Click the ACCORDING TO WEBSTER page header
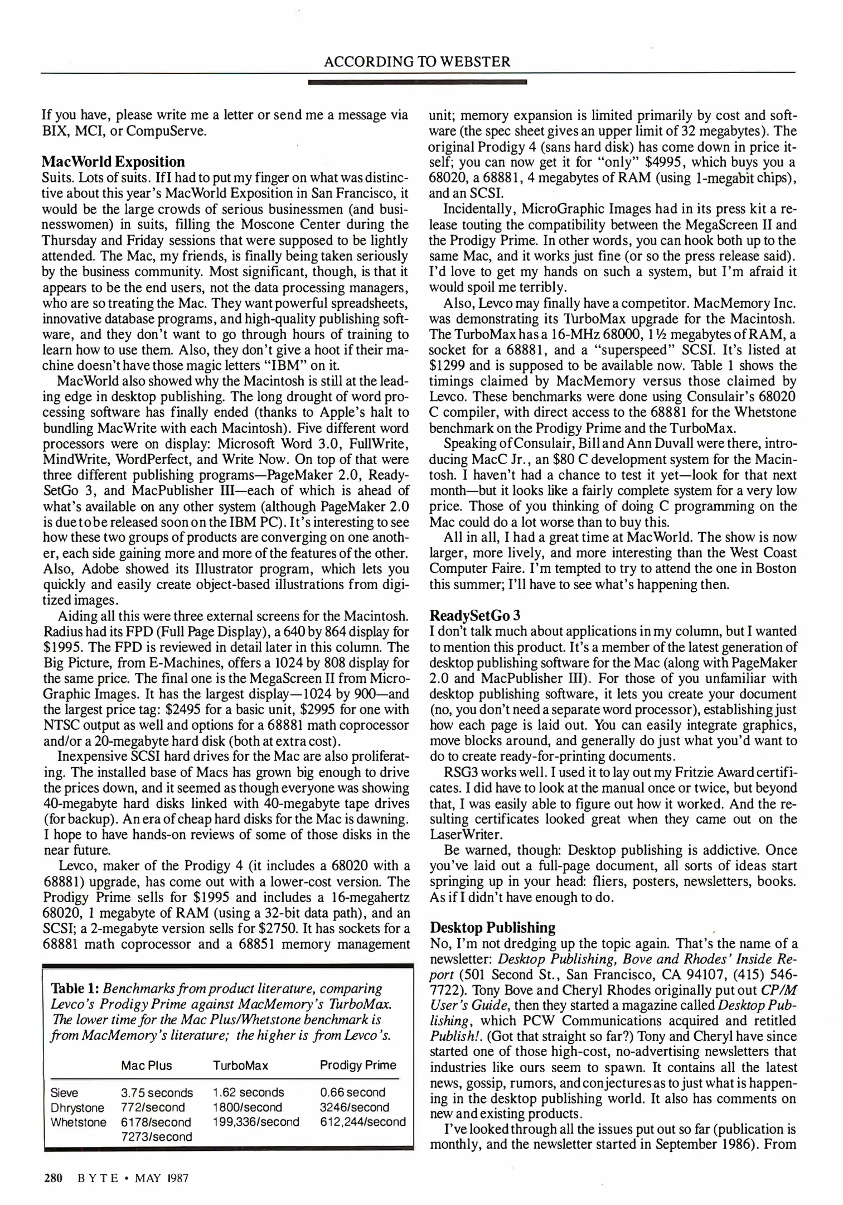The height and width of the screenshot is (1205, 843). pos(417,61)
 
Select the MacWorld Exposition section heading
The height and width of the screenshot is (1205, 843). pos(113,162)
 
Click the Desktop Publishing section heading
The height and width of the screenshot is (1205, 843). pos(493,928)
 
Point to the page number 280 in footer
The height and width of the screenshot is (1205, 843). pos(52,1178)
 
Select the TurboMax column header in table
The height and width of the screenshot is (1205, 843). pos(240,1065)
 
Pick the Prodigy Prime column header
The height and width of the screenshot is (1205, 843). pos(358,1064)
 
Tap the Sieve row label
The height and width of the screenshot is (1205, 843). pos(64,1093)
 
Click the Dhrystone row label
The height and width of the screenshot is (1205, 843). pos(77,1107)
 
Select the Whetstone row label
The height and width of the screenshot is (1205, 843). pos(78,1122)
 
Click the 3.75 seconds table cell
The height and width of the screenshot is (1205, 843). pos(157,1093)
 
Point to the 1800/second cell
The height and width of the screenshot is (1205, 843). pos(247,1107)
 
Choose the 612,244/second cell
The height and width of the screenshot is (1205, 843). pos(362,1122)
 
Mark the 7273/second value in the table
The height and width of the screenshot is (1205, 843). pos(156,1136)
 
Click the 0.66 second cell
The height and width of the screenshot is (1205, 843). pos(352,1092)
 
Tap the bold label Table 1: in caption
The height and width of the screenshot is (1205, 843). pos(75,989)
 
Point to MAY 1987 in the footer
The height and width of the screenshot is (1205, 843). pos(162,1178)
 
